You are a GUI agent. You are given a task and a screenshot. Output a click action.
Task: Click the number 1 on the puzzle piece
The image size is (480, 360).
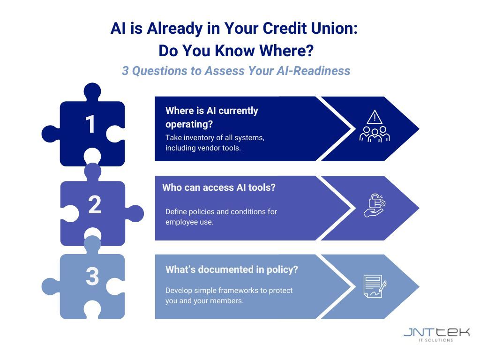coord(90,124)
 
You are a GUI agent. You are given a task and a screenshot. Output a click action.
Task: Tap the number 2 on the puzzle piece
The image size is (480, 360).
coord(95,204)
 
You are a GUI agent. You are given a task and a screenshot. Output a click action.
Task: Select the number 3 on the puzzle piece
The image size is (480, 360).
coord(92,276)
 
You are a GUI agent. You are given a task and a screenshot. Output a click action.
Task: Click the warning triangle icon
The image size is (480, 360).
coord(375,117)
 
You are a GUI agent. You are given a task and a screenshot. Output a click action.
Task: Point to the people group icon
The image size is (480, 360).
coord(375,134)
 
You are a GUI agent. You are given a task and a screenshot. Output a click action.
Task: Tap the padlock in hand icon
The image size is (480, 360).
coord(375,205)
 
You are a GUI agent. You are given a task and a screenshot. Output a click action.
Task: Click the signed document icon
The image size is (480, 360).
coord(375,286)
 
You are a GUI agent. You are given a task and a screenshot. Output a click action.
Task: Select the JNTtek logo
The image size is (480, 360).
coord(436,332)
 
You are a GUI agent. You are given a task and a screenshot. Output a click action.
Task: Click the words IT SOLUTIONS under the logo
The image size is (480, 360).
coord(435,340)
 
